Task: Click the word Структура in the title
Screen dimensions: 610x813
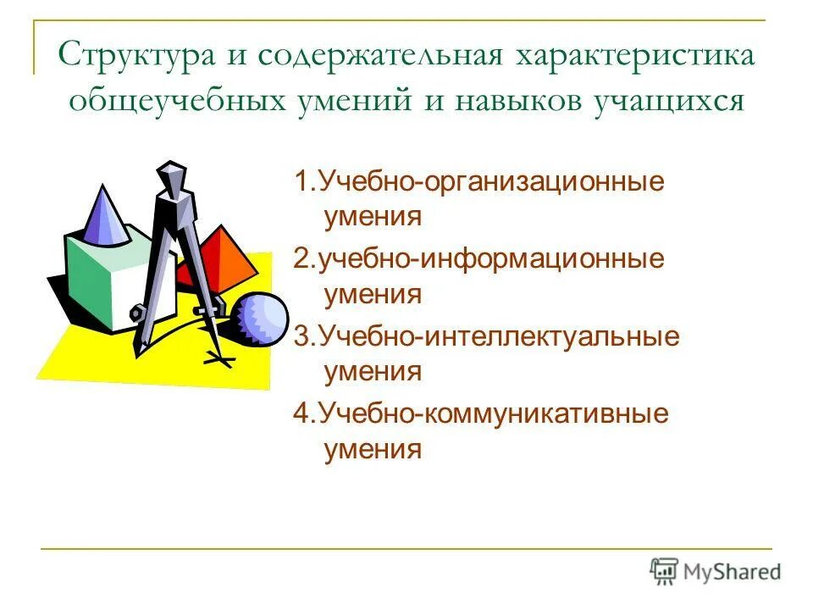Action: (x=135, y=58)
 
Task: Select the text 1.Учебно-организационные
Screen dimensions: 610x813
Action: (x=478, y=182)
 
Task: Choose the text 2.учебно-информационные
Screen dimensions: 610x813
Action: (x=479, y=259)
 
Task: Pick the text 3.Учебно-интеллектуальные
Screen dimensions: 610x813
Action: (x=487, y=336)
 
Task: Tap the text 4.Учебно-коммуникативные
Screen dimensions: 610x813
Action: (x=481, y=413)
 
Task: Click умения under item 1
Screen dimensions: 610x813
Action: (x=373, y=217)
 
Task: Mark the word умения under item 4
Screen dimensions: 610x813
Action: (x=373, y=448)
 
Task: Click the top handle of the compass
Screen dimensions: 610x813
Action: (x=172, y=174)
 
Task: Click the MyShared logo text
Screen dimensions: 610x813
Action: (x=732, y=572)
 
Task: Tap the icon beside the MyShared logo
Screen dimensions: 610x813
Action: (x=665, y=571)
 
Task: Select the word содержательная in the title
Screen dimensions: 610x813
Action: (x=380, y=58)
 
